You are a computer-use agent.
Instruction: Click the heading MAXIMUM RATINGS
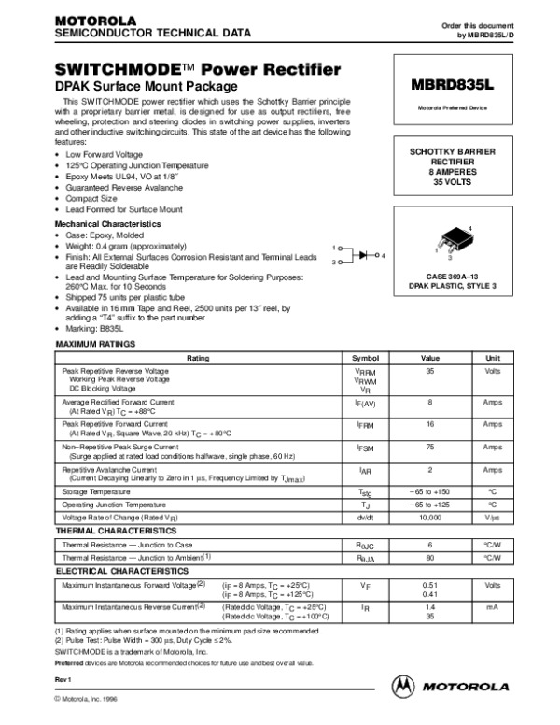point(91,345)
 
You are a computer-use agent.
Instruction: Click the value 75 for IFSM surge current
point(430,448)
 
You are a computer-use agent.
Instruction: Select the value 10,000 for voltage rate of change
point(430,517)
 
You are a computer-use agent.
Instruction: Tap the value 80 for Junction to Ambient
point(430,557)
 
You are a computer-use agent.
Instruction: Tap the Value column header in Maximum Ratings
point(430,359)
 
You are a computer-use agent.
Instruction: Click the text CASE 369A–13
point(453,277)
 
